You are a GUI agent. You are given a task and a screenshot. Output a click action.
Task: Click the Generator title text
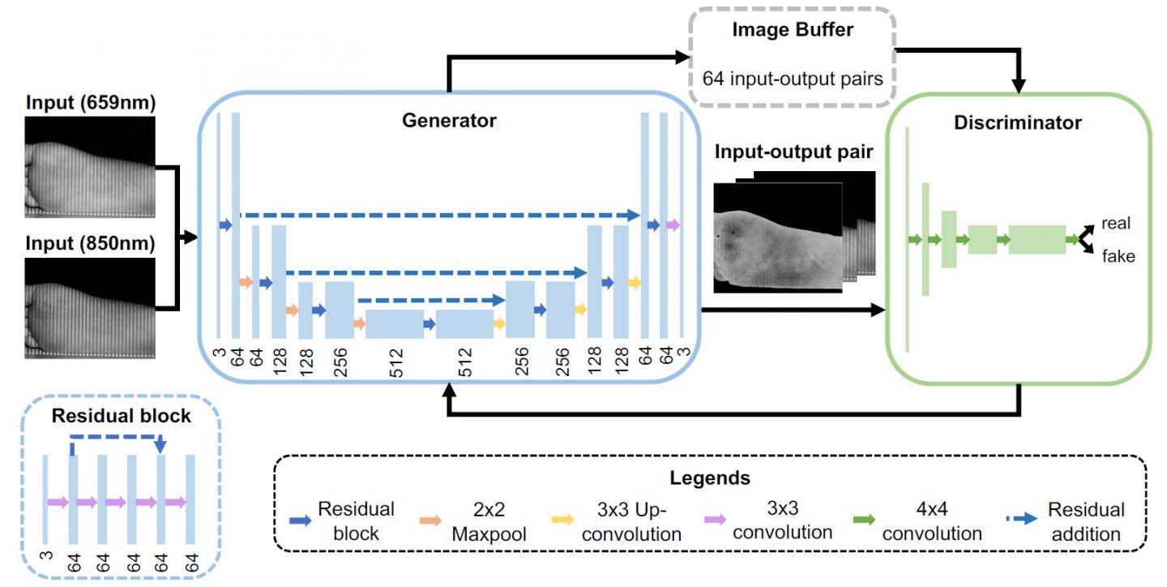tap(449, 122)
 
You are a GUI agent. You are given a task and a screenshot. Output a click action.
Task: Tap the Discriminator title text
tap(1018, 123)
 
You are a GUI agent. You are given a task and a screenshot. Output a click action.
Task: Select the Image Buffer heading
tap(792, 32)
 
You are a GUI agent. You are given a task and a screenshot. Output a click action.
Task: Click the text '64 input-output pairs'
tap(792, 79)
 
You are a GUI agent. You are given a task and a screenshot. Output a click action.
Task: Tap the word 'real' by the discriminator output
tap(1116, 224)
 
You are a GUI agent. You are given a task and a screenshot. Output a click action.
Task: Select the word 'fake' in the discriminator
tap(1118, 257)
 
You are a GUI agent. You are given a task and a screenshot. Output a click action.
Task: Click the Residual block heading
tap(121, 416)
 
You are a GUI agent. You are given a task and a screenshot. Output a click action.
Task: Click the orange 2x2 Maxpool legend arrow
tap(432, 520)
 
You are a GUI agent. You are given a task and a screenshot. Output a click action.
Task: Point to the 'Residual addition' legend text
tap(1086, 521)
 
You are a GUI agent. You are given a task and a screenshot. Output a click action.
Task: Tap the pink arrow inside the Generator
tap(673, 225)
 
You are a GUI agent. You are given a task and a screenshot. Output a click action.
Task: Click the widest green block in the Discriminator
tap(1037, 239)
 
